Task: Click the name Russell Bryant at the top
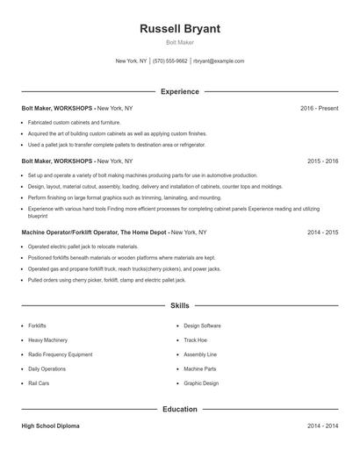[180, 29]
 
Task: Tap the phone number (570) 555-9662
[170, 61]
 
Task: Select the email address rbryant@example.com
[219, 61]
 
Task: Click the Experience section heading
[180, 91]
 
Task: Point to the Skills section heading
[180, 306]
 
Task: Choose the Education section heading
[180, 409]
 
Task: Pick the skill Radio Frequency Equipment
[60, 354]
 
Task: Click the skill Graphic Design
[201, 384]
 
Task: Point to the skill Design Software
[202, 325]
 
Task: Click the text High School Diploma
[50, 426]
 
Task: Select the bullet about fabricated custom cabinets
[75, 122]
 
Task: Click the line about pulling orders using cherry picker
[107, 280]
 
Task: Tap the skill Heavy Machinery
[48, 340]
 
